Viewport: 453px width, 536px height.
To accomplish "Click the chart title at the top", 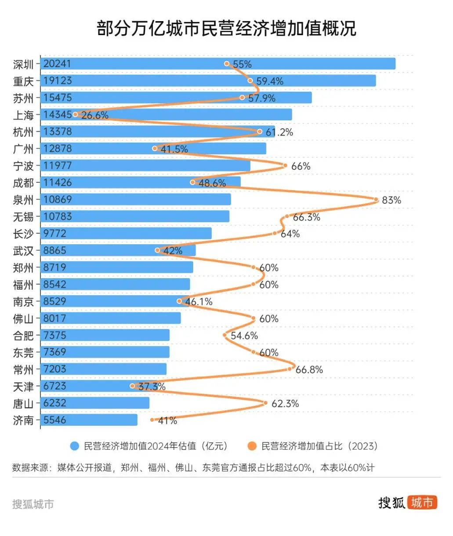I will [226, 29].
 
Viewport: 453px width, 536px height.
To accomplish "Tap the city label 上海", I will [23, 115].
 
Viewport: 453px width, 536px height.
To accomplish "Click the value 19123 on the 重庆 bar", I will [57, 81].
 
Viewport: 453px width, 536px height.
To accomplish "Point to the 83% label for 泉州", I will [391, 200].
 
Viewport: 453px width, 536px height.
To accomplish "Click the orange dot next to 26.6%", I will [76, 114].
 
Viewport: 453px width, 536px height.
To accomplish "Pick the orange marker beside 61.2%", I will [259, 131].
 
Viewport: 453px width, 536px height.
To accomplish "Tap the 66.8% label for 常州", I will [309, 370].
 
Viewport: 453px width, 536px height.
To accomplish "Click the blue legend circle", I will [75, 446].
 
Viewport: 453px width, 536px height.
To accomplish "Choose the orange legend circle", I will [252, 446].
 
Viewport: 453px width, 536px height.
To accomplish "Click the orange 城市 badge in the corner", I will [422, 502].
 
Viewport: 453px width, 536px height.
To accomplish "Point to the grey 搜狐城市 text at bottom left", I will [33, 504].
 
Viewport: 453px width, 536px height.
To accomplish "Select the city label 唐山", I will [23, 403].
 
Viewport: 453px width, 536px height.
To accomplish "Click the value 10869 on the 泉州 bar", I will [57, 199].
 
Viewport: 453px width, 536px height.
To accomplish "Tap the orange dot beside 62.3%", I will [265, 403].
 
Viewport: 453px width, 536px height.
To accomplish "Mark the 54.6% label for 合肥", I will [244, 336].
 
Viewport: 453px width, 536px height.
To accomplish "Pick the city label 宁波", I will [23, 166].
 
